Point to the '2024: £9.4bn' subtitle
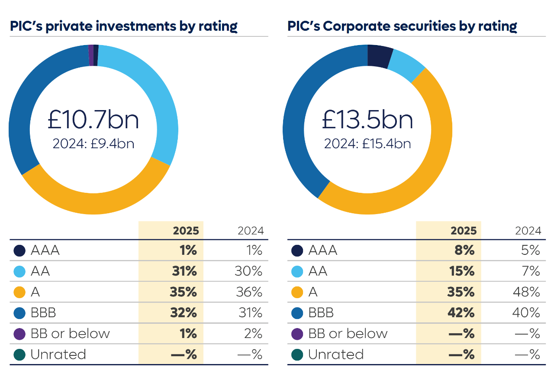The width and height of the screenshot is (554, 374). coord(93,143)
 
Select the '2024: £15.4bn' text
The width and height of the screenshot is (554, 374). coord(367,143)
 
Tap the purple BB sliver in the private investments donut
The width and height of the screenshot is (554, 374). coord(91,55)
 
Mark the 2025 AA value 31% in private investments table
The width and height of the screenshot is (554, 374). coord(184,271)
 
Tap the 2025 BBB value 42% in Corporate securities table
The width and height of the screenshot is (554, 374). coord(462,313)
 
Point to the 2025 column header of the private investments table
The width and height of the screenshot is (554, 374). coord(186,231)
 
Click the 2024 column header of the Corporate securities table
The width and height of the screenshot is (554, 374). coord(528,231)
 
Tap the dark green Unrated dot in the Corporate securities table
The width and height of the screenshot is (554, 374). coord(297,354)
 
